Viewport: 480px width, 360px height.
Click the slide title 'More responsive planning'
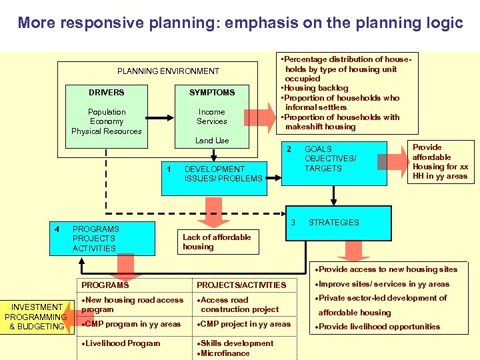[240, 23]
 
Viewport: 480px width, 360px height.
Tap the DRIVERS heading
[107, 92]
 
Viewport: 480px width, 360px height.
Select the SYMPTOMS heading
[212, 92]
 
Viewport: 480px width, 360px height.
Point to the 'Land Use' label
[212, 141]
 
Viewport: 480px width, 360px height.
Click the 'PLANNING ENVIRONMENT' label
[168, 71]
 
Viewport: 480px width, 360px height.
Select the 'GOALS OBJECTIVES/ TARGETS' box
[331, 159]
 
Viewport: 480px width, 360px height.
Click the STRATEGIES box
[333, 223]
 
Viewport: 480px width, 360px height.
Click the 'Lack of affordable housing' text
[217, 242]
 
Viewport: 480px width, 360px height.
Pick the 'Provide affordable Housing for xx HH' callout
[440, 162]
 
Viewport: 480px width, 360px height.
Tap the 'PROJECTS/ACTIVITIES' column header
[241, 285]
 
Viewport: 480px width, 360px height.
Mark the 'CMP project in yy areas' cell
[245, 324]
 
